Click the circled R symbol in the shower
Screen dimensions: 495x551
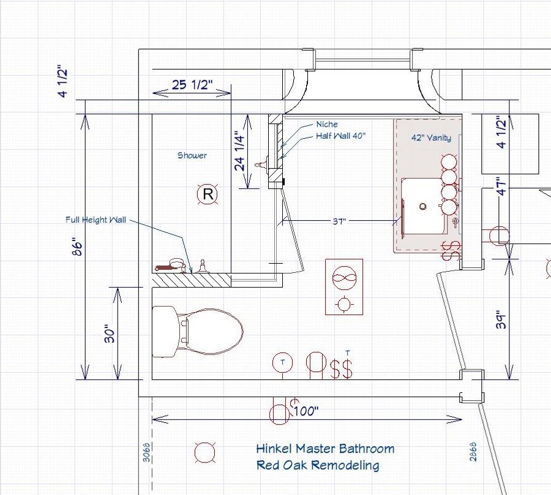(208, 195)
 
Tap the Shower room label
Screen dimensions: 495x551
(192, 155)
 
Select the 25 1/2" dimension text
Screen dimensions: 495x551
(192, 84)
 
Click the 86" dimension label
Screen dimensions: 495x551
(77, 247)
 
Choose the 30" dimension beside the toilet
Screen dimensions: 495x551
(110, 333)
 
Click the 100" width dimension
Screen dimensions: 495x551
(305, 411)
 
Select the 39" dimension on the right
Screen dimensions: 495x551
(501, 320)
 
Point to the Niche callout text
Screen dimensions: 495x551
(326, 124)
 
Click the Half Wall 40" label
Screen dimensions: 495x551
(340, 136)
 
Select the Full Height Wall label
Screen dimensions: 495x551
(96, 220)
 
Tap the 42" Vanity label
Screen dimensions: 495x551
(431, 138)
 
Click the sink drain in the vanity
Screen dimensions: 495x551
(422, 207)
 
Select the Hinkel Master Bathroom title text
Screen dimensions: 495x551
(325, 449)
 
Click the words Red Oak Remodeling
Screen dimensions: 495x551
(317, 465)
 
